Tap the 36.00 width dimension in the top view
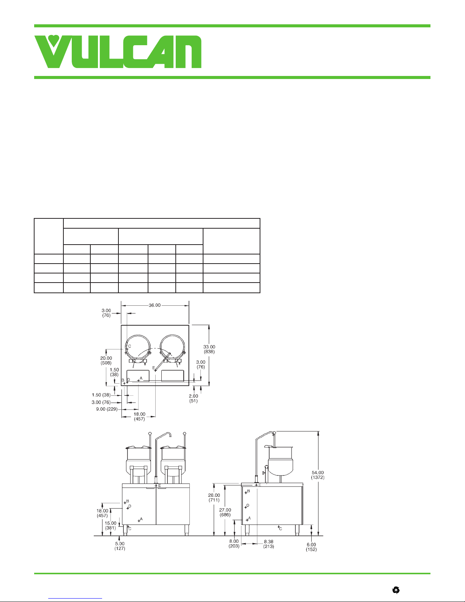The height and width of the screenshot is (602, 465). pos(154,305)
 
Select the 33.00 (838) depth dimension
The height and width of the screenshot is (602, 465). pos(209,349)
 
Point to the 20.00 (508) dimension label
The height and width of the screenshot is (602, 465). pos(106,360)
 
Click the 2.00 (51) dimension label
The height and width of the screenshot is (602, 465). pos(194,398)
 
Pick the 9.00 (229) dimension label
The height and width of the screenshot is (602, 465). pos(107,409)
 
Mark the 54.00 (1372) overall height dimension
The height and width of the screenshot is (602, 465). pos(318,475)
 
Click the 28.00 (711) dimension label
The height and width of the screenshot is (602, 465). pos(214,498)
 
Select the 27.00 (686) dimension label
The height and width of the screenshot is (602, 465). pos(225,512)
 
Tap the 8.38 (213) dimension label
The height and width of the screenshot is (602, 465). pos(269,544)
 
